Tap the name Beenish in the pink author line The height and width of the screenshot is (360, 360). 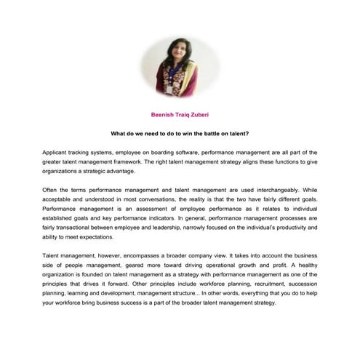(x=162, y=114)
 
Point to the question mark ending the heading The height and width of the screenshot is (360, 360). (x=249, y=135)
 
